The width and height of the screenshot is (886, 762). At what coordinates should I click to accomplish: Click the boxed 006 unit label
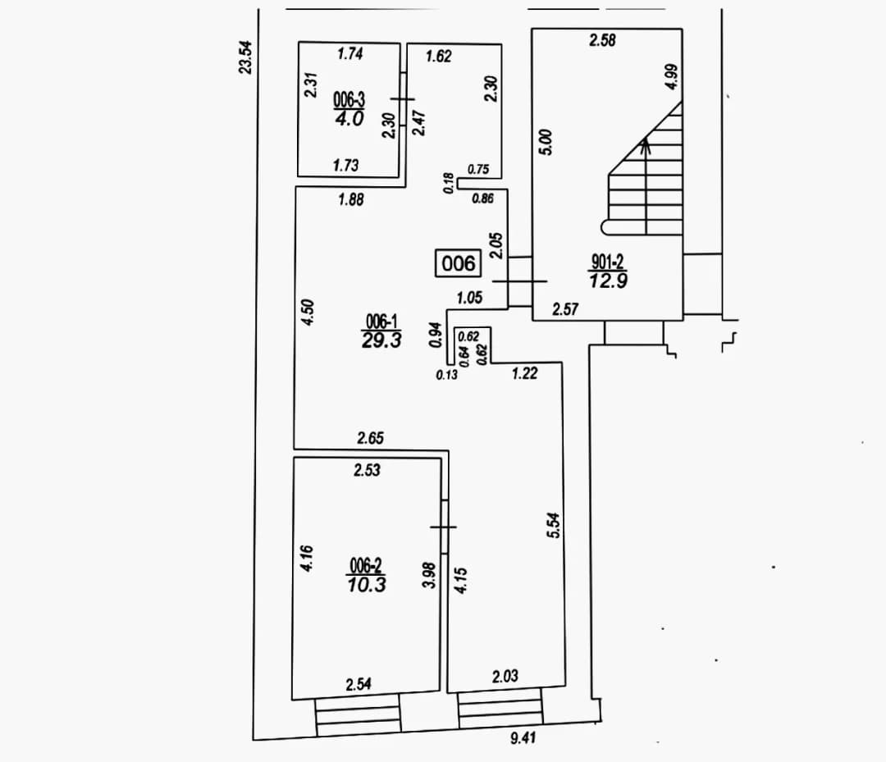coord(458,263)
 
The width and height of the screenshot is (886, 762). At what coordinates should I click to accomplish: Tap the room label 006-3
coord(349,101)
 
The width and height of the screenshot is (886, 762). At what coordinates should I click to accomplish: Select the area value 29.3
coord(381,340)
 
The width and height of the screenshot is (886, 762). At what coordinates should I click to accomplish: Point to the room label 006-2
coord(366,565)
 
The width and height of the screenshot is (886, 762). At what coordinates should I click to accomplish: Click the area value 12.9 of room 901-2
coord(608,281)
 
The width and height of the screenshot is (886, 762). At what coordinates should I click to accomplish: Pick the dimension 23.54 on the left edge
coord(246,57)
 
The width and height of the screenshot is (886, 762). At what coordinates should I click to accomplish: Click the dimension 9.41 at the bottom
coord(523,737)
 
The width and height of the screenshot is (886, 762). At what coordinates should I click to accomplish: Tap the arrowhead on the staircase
coord(646,144)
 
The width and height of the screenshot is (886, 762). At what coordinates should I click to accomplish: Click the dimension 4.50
coord(308,313)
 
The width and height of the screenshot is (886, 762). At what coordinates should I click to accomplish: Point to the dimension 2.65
coord(370,438)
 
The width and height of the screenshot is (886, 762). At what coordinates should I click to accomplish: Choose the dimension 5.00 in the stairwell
coord(546,142)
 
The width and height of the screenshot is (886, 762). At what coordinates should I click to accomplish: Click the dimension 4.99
coord(671,77)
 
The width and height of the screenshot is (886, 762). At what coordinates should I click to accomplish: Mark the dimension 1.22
coord(524,373)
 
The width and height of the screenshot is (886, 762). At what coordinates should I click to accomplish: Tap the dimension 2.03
coord(505,676)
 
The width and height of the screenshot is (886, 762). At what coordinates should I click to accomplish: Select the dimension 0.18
coord(449,184)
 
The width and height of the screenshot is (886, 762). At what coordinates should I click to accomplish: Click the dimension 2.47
coord(418,122)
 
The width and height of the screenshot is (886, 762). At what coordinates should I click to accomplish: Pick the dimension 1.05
coord(469,298)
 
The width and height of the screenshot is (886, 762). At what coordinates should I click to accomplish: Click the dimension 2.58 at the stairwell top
coord(602,41)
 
